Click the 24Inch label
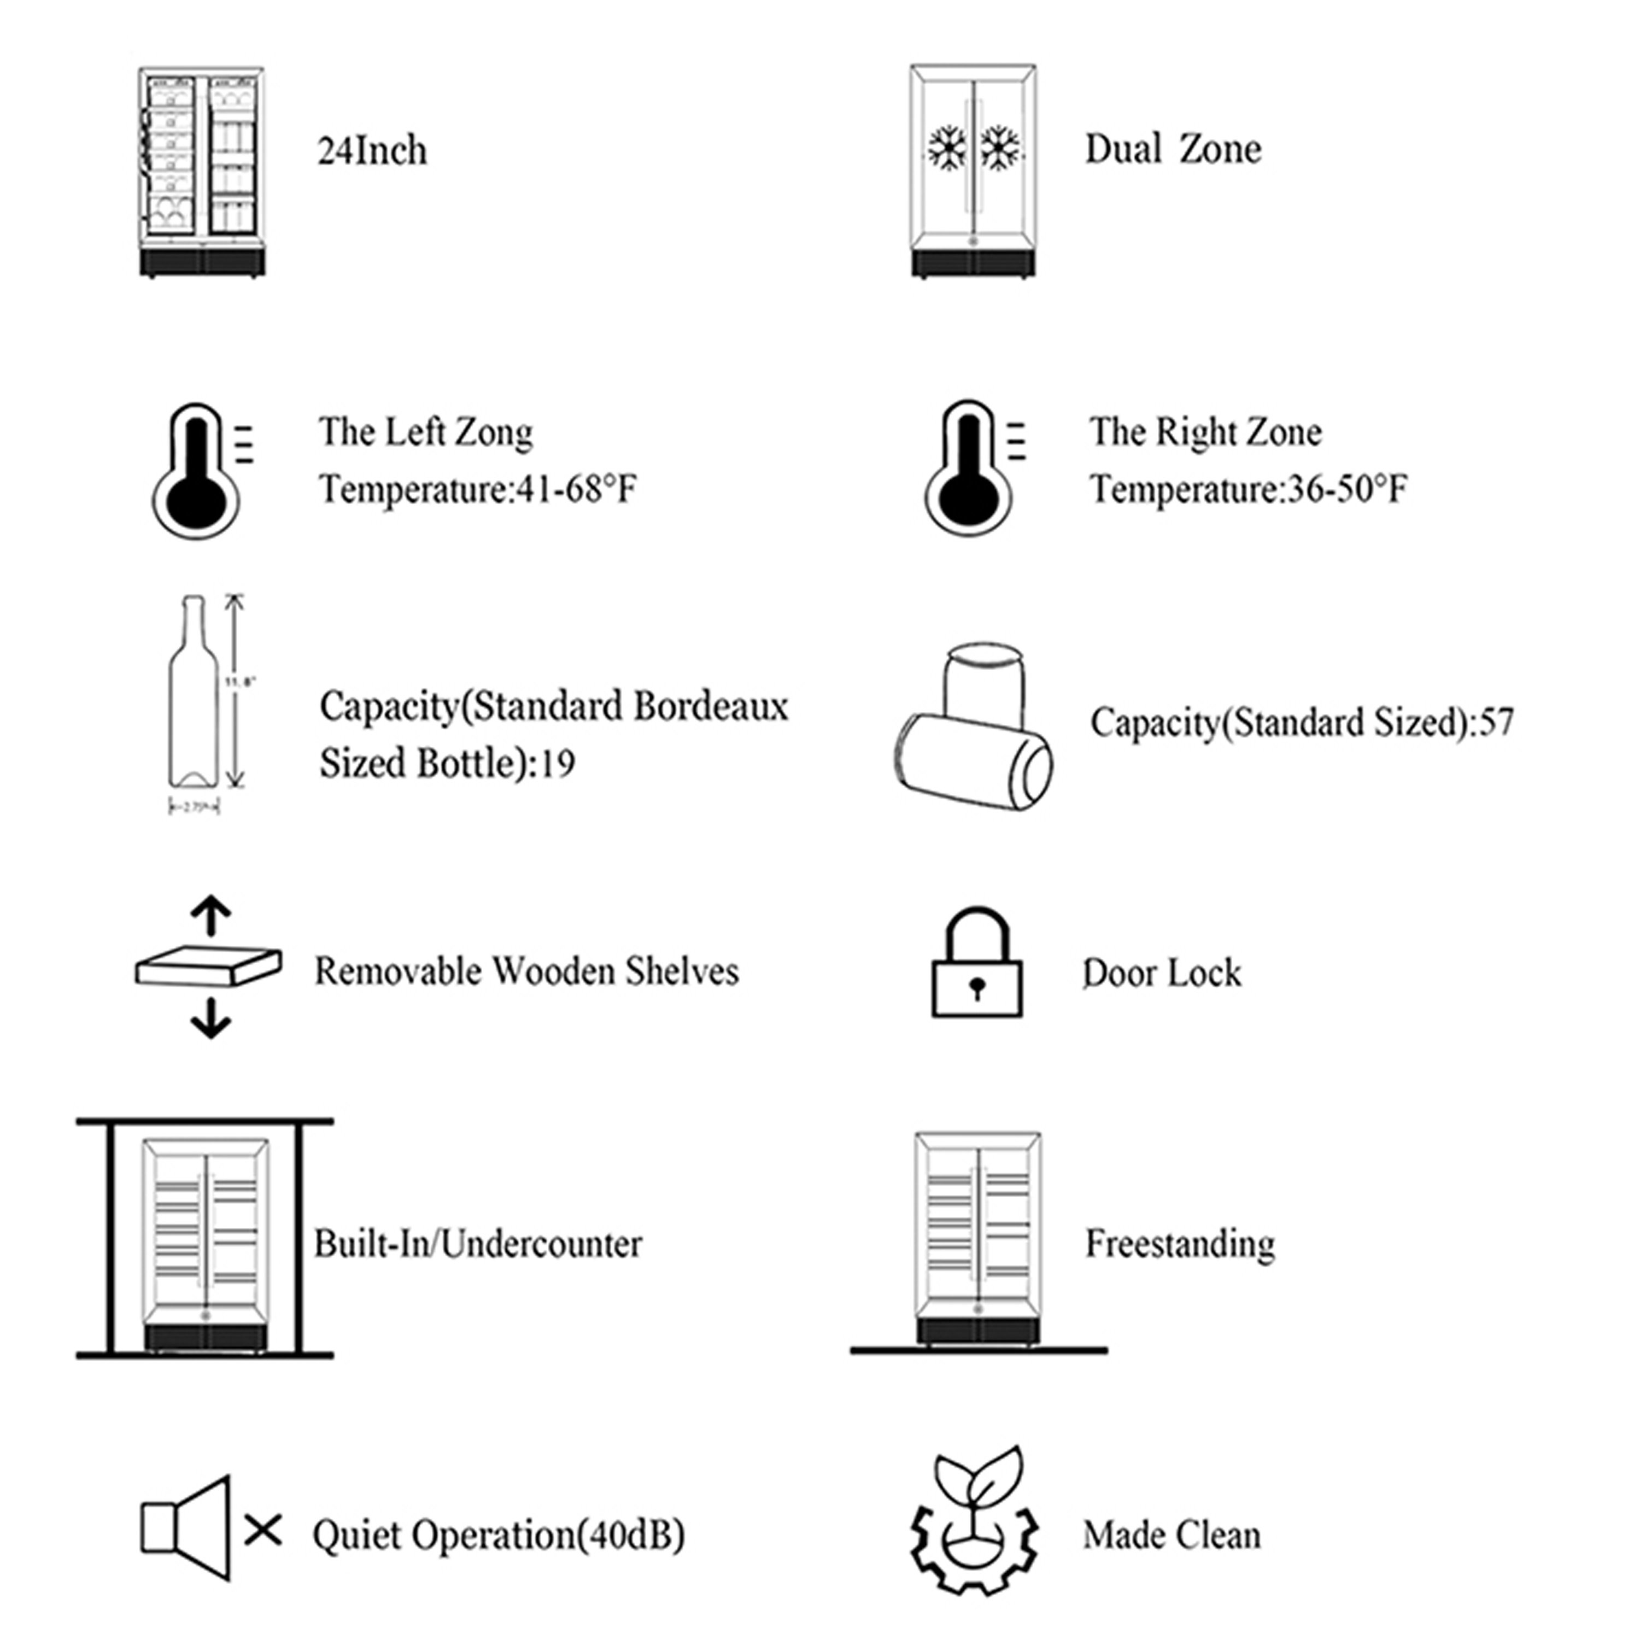point(372,151)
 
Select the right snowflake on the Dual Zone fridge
point(1001,149)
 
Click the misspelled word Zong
point(494,433)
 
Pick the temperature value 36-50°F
point(1347,489)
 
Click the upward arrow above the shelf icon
point(210,917)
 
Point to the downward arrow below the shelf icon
point(210,1018)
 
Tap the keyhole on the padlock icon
point(976,987)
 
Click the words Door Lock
point(1161,973)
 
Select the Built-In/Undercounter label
point(478,1244)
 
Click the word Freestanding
point(1180,1244)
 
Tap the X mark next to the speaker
point(263,1531)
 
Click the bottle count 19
point(557,763)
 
